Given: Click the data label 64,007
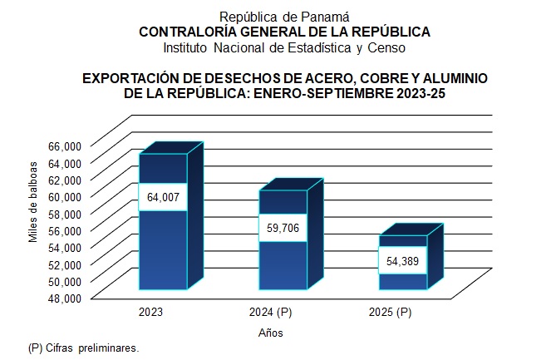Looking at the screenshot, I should [x=163, y=197].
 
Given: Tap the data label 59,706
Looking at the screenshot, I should [x=283, y=227].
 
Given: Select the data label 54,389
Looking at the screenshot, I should [x=403, y=261].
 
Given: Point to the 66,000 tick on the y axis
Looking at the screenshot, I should [x=63, y=145].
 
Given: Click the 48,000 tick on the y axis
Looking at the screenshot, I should [x=63, y=298].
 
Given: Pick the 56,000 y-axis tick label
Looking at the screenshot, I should [x=63, y=229].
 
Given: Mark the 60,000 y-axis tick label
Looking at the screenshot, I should [x=63, y=195].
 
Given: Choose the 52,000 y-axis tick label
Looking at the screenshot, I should [x=63, y=264].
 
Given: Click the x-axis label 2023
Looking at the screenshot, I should [x=150, y=313].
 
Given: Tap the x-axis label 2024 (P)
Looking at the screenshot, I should [x=270, y=313].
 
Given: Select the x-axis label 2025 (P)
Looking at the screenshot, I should [x=390, y=313].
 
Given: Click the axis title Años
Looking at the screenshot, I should [x=269, y=333].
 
